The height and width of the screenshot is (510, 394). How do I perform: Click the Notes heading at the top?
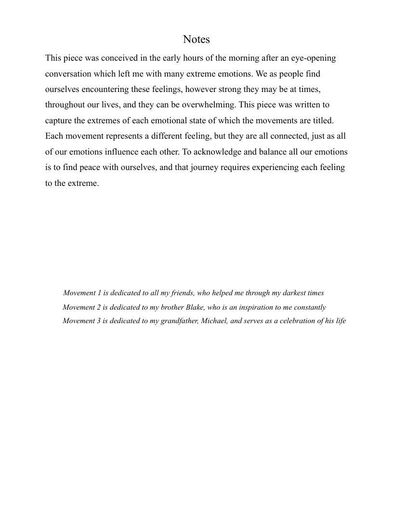(197, 39)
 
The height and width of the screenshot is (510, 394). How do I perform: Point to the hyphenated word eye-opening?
(313, 58)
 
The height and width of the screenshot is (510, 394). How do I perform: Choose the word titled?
(321, 120)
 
